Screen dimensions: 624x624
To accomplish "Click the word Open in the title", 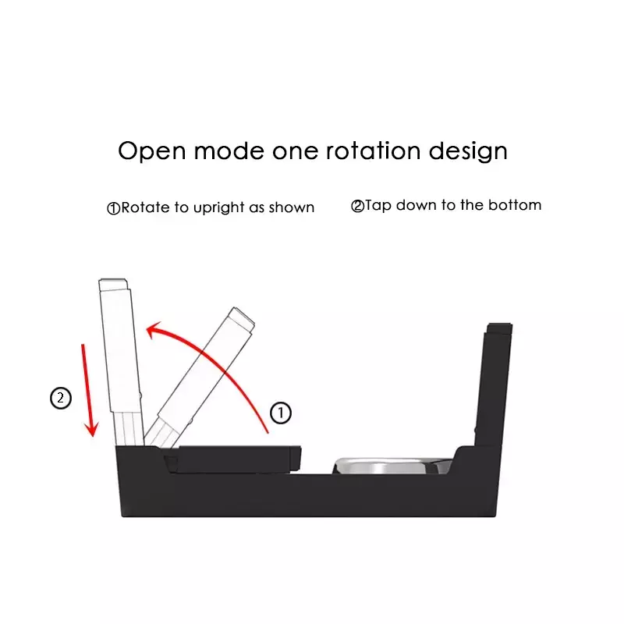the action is (x=152, y=151).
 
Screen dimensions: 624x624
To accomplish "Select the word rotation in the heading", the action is (x=373, y=151).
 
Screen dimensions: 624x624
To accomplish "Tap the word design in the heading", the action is (x=468, y=151).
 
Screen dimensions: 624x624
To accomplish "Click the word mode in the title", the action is (x=229, y=151).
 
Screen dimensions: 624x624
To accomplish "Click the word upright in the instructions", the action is (x=218, y=207).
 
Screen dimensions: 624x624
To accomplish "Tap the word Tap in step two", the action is (x=378, y=206).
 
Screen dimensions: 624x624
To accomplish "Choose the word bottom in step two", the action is (x=515, y=205).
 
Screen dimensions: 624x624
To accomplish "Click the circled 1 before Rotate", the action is (x=114, y=208).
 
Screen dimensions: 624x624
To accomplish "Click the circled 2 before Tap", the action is (x=358, y=206).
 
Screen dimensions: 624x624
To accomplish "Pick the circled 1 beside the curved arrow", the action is (x=281, y=413).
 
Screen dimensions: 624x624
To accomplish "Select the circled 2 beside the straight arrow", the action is (x=61, y=398).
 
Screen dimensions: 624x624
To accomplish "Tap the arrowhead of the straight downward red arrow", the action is (x=92, y=428).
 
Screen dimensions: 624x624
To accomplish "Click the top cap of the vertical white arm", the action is (x=113, y=285).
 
